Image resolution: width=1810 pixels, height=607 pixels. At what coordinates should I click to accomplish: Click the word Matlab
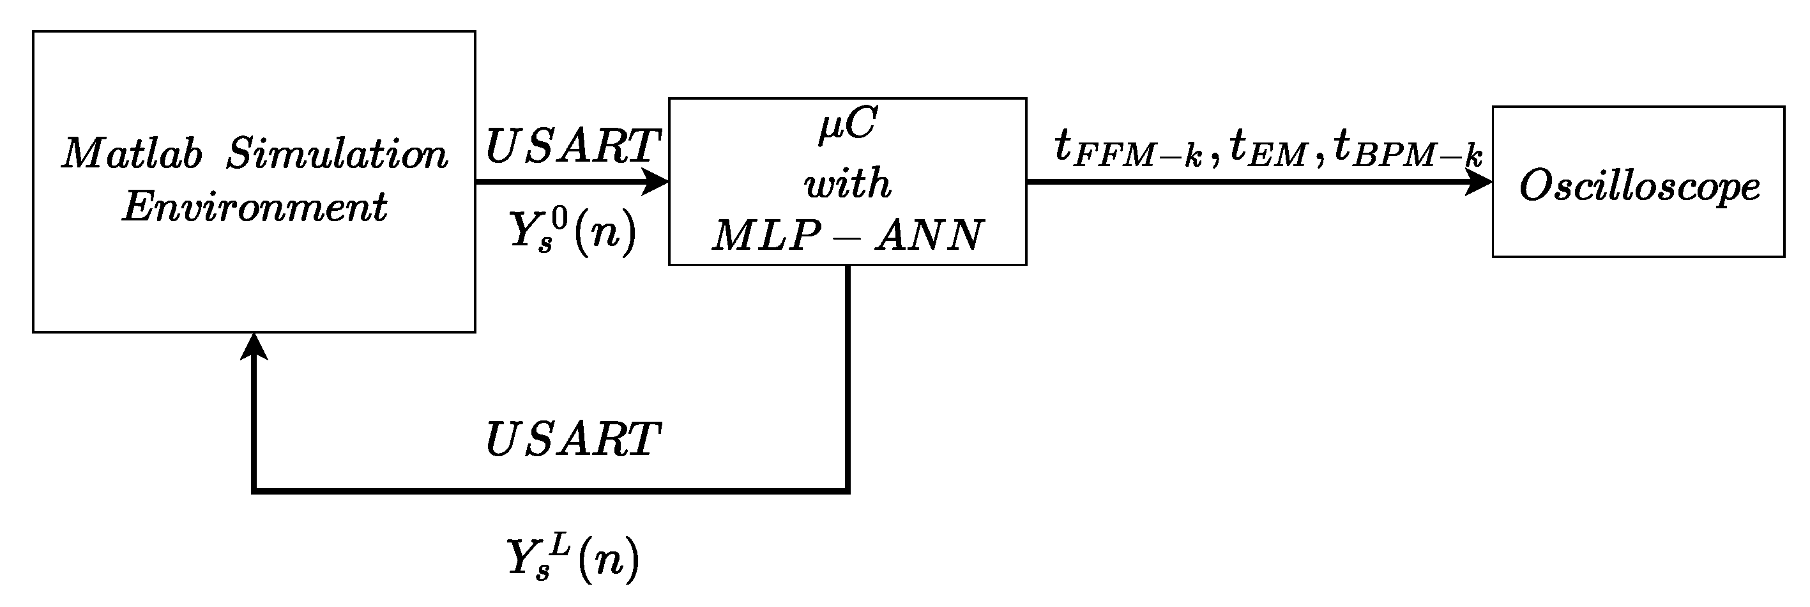[x=132, y=153]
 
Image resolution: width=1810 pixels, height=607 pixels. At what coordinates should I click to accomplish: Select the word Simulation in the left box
[x=337, y=153]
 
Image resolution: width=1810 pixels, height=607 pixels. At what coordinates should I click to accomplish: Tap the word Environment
[x=254, y=206]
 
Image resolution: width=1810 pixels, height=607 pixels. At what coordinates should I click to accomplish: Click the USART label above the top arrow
[x=573, y=146]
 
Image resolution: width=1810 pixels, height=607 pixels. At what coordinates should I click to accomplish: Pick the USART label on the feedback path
[x=573, y=440]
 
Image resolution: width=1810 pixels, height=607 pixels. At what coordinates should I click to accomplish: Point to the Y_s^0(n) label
[x=573, y=231]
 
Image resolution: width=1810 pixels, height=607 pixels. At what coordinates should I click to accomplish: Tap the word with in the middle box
[x=848, y=183]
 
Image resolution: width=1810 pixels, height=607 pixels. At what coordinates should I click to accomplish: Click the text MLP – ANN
[x=848, y=235]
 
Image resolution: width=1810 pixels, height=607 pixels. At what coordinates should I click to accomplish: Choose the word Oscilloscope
[x=1639, y=187]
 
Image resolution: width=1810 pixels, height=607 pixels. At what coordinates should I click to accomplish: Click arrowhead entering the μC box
[x=657, y=182]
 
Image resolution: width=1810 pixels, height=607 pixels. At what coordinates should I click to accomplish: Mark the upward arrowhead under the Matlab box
[x=254, y=346]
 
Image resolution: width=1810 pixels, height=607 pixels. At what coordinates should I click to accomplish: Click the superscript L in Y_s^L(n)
[x=558, y=545]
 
